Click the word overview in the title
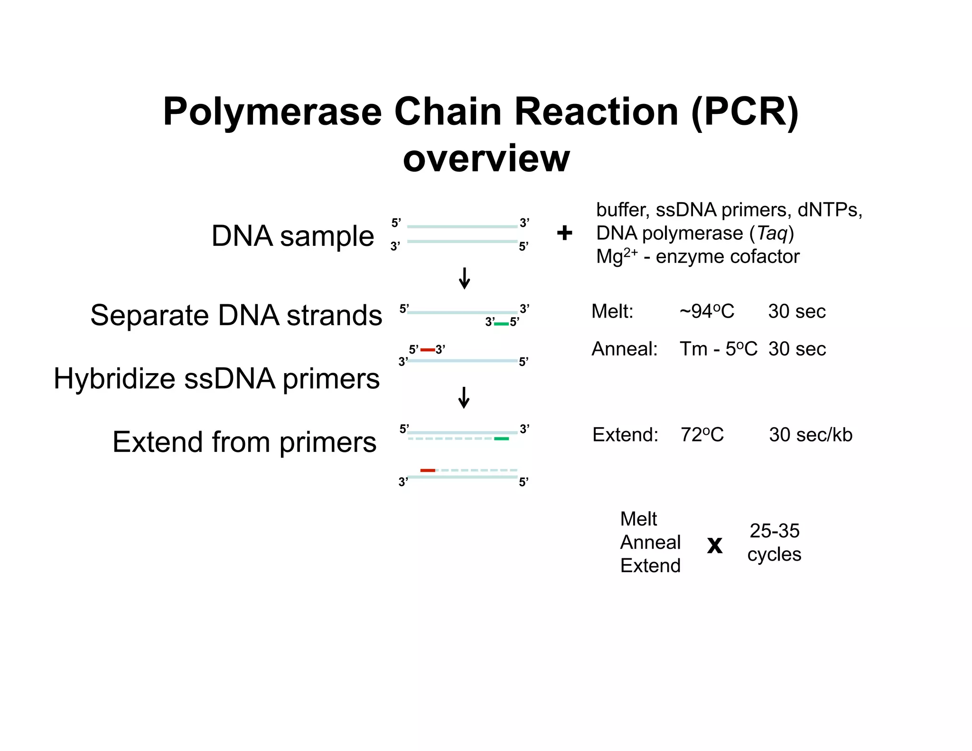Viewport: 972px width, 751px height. (x=486, y=159)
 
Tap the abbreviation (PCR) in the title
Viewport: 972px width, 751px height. (x=745, y=112)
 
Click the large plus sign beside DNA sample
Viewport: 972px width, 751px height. (x=564, y=233)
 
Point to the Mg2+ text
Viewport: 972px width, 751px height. (x=617, y=256)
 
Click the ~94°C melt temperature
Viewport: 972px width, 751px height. (x=707, y=311)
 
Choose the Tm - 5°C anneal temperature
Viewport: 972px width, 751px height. (x=718, y=349)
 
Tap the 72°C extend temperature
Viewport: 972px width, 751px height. (x=702, y=435)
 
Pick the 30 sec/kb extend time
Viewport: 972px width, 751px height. (x=811, y=435)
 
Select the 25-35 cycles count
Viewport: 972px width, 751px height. (x=774, y=542)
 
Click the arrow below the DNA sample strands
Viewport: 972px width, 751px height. (x=465, y=278)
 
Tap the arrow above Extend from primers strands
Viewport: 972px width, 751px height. (x=464, y=397)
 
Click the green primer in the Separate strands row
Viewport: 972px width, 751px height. (x=502, y=324)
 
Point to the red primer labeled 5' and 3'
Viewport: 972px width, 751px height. (x=427, y=350)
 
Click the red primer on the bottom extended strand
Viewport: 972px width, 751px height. (x=428, y=470)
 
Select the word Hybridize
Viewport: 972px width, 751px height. (x=114, y=379)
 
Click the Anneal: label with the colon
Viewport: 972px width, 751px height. (x=624, y=349)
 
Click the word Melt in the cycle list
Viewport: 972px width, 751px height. (x=638, y=519)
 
